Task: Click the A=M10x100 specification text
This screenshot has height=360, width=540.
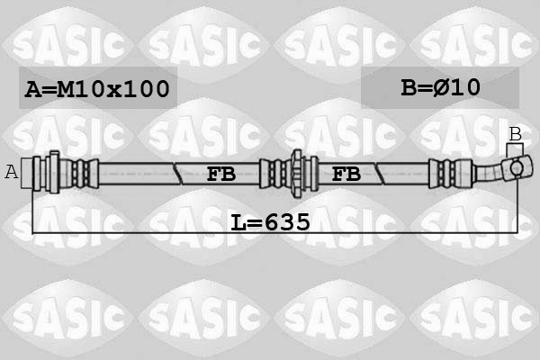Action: pyautogui.click(x=97, y=88)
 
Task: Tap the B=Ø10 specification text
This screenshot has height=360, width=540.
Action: pyautogui.click(x=440, y=87)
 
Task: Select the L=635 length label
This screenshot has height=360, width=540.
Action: pyautogui.click(x=270, y=222)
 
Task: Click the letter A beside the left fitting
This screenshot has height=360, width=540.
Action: pyautogui.click(x=12, y=172)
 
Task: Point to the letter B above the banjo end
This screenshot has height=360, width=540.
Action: pyautogui.click(x=516, y=134)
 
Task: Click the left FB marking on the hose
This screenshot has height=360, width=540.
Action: pyautogui.click(x=221, y=174)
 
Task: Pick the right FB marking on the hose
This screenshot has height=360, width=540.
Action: pyautogui.click(x=346, y=174)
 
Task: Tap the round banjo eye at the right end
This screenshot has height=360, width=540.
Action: pyautogui.click(x=517, y=168)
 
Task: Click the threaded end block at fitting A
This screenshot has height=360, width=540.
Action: pyautogui.click(x=26, y=173)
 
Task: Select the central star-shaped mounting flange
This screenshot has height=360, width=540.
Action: pyautogui.click(x=297, y=173)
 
